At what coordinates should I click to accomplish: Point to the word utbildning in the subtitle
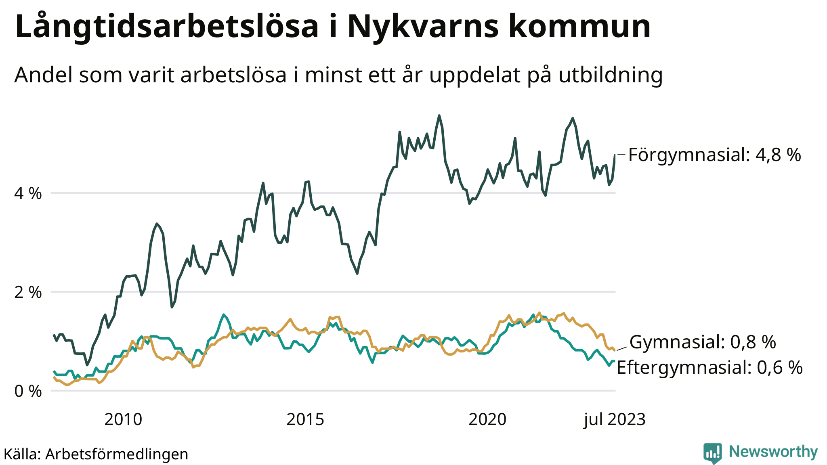point(611,75)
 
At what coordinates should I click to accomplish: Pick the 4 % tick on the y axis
point(28,193)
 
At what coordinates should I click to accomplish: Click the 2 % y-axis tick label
point(28,292)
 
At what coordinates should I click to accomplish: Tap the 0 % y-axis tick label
point(28,391)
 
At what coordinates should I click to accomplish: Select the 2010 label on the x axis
point(123,420)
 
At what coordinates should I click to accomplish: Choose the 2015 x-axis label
point(305,420)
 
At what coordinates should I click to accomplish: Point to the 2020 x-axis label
point(487,420)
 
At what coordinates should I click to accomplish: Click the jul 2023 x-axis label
point(615,420)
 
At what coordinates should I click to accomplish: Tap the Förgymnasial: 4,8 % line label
point(714,155)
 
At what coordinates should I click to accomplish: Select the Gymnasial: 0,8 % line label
point(703,342)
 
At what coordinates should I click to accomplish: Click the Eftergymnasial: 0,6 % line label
point(709,368)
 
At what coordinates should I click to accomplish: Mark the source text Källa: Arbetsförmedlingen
point(96,454)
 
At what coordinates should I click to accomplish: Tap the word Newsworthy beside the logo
point(773,452)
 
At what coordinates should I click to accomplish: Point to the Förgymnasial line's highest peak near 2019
point(439,116)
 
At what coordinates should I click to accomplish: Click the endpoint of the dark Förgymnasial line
point(615,155)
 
